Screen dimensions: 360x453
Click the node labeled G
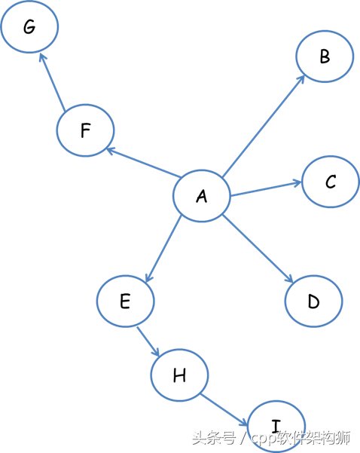(x=29, y=26)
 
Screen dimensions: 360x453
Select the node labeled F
(x=85, y=130)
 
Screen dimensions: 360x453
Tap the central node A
(x=202, y=196)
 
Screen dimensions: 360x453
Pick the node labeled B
(x=325, y=57)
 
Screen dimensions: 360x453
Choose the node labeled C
(x=331, y=182)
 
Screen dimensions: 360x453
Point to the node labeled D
(x=314, y=301)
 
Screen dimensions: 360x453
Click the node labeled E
(x=125, y=301)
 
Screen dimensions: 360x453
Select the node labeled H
(x=179, y=375)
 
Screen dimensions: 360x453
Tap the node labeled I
(x=276, y=426)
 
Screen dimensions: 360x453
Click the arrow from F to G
(x=52, y=82)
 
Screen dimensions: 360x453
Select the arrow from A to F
(x=144, y=162)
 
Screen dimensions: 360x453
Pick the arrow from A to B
(x=264, y=126)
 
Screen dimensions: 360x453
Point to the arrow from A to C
(x=266, y=188)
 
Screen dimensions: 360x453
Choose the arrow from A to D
(x=258, y=249)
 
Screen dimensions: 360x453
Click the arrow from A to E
(x=163, y=249)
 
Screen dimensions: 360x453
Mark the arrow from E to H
(x=148, y=341)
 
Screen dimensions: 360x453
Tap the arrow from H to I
(x=224, y=410)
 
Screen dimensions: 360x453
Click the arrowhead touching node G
(x=43, y=57)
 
